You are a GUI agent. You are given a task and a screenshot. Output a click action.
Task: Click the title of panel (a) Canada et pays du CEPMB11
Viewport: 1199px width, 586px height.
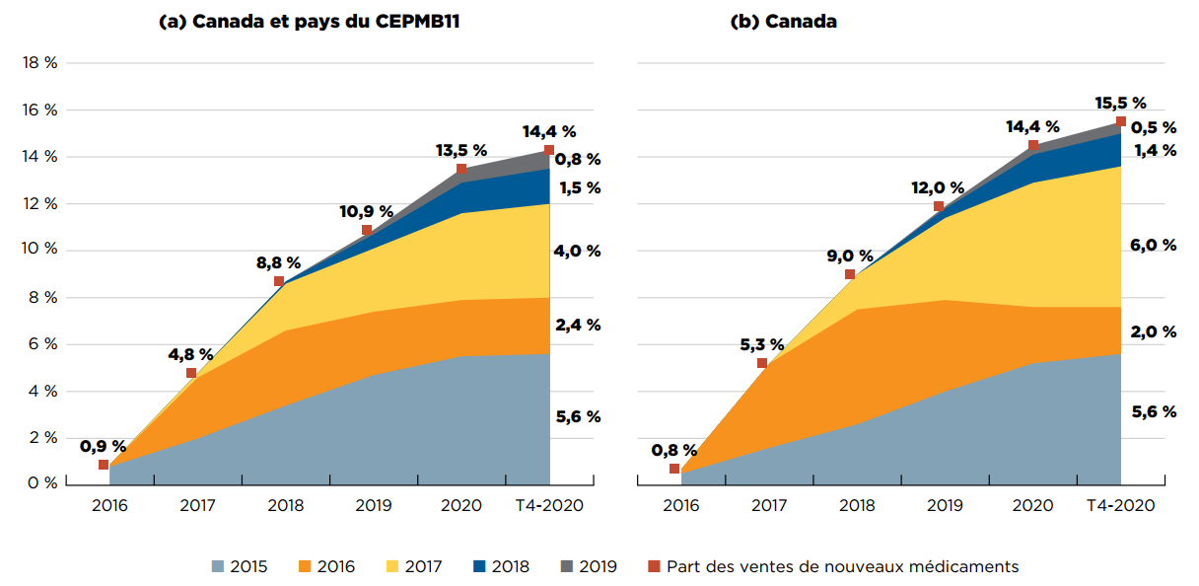(x=309, y=23)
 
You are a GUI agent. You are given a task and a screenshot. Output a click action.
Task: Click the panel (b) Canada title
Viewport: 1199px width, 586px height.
(x=783, y=23)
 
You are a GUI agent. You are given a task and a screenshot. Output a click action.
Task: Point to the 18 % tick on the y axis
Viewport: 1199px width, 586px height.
(x=39, y=63)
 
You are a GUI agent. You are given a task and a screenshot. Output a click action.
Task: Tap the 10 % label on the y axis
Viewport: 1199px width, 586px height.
(x=39, y=251)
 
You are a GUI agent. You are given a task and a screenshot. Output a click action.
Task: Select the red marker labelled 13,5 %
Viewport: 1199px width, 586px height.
(x=461, y=169)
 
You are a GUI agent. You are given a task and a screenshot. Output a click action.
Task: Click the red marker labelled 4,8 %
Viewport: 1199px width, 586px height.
(x=191, y=373)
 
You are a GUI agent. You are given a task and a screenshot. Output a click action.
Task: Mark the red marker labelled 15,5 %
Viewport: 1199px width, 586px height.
(x=1121, y=121)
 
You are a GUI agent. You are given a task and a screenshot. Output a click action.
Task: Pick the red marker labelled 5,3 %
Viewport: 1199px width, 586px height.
(x=762, y=363)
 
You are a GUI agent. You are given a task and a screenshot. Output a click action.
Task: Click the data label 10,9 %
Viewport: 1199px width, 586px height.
(x=367, y=211)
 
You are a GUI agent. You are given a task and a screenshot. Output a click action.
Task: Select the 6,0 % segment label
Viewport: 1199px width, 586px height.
(x=1154, y=246)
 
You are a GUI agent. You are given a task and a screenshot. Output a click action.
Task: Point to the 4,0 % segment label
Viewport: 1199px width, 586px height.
(x=577, y=251)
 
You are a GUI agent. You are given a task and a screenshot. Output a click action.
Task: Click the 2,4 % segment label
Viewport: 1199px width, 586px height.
(x=577, y=325)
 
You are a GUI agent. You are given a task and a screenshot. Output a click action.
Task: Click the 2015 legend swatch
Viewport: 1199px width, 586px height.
(x=218, y=566)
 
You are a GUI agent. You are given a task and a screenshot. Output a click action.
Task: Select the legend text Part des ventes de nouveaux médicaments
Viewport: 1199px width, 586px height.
(x=842, y=566)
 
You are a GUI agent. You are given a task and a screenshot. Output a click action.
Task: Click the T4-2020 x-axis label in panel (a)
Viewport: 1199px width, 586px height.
(x=549, y=506)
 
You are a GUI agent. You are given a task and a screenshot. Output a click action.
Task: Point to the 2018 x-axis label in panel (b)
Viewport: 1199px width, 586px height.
(x=857, y=506)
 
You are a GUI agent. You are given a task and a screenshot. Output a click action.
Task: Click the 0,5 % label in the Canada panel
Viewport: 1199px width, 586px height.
(x=1154, y=127)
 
